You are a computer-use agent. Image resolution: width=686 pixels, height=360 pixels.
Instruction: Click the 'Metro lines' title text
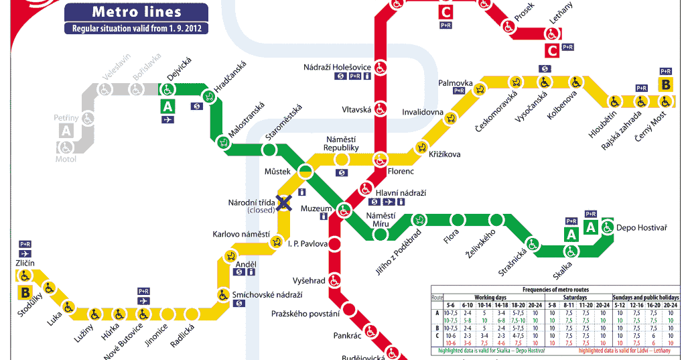pyautogui.click(x=136, y=11)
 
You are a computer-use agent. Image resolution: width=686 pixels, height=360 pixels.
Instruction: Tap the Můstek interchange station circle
pyautogui.click(x=305, y=170)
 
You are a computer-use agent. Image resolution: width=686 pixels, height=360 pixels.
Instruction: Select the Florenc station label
pyautogui.click(x=400, y=172)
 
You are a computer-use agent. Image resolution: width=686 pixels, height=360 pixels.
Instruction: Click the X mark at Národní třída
pyautogui.click(x=285, y=202)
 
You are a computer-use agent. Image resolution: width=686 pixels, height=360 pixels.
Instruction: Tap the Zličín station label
pyautogui.click(x=25, y=263)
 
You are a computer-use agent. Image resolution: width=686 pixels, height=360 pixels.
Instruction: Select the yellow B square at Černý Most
pyautogui.click(x=666, y=85)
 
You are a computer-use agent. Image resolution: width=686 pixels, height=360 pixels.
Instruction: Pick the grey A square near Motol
pyautogui.click(x=66, y=131)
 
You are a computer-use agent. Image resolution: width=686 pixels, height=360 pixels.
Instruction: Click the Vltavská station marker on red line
pyautogui.click(x=381, y=108)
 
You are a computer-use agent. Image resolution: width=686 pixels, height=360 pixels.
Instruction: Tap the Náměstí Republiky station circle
pyautogui.click(x=342, y=160)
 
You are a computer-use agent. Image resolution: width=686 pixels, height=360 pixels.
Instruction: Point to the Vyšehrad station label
pyautogui.click(x=308, y=280)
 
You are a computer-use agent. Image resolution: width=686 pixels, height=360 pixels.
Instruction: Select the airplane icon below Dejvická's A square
pyautogui.click(x=167, y=120)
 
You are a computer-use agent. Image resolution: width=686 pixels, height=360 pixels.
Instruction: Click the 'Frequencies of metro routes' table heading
pyautogui.click(x=555, y=289)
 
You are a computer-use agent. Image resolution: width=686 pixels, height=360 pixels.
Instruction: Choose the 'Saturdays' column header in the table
pyautogui.click(x=575, y=297)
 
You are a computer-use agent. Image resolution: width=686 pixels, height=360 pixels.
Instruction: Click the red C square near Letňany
pyautogui.click(x=552, y=50)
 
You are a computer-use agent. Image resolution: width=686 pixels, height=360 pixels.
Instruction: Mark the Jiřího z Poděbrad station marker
pyautogui.click(x=420, y=219)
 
